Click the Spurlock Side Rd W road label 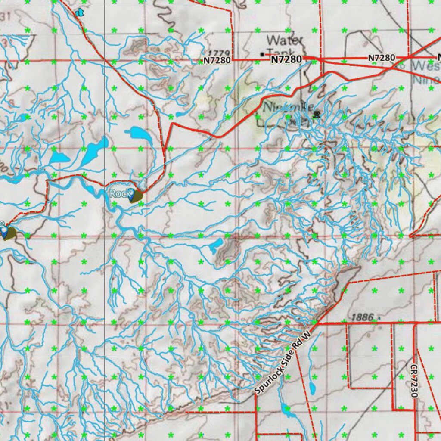point(283,363)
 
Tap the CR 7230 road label point(414,381)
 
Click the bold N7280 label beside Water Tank point(286,59)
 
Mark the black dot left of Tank point(262,54)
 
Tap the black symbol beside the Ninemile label point(317,114)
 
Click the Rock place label point(118,193)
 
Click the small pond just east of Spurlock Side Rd point(312,388)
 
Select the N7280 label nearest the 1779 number point(217,61)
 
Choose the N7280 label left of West point(381,58)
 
